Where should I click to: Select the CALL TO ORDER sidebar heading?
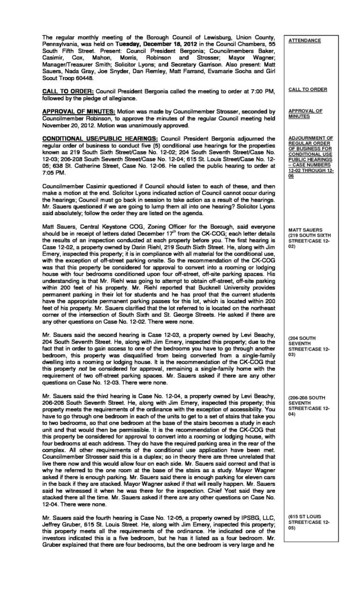[308, 89]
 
